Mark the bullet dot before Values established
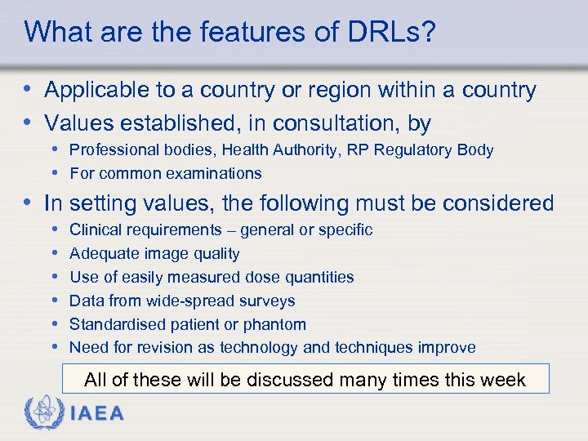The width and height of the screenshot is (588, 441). (30, 123)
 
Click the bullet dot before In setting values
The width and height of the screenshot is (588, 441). (30, 203)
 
